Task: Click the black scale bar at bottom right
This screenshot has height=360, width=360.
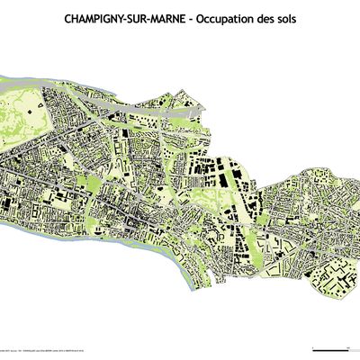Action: pos(330,346)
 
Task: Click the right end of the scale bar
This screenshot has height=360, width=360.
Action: pos(349,346)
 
